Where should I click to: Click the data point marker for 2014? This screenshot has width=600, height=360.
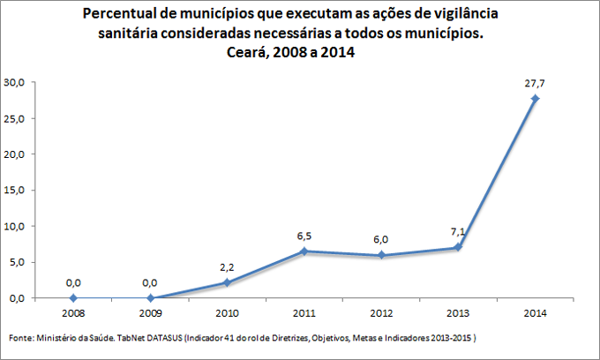[x=535, y=98]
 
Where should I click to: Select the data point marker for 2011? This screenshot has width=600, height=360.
[x=304, y=251]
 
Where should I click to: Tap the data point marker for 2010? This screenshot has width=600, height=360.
[x=227, y=282]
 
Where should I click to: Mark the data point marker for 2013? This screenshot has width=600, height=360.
[x=458, y=247]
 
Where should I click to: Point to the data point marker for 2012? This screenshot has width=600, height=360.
[x=381, y=255]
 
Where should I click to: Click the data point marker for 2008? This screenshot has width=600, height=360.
[x=73, y=298]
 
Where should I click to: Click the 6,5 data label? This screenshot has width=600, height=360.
[x=304, y=236]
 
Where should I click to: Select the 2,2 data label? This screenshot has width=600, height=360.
[x=227, y=266]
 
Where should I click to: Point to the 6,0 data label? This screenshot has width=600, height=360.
[x=381, y=239]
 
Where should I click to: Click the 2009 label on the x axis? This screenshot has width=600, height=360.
[x=150, y=312]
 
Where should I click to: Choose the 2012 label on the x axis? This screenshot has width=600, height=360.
[x=381, y=312]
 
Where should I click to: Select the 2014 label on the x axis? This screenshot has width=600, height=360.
[x=535, y=312]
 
